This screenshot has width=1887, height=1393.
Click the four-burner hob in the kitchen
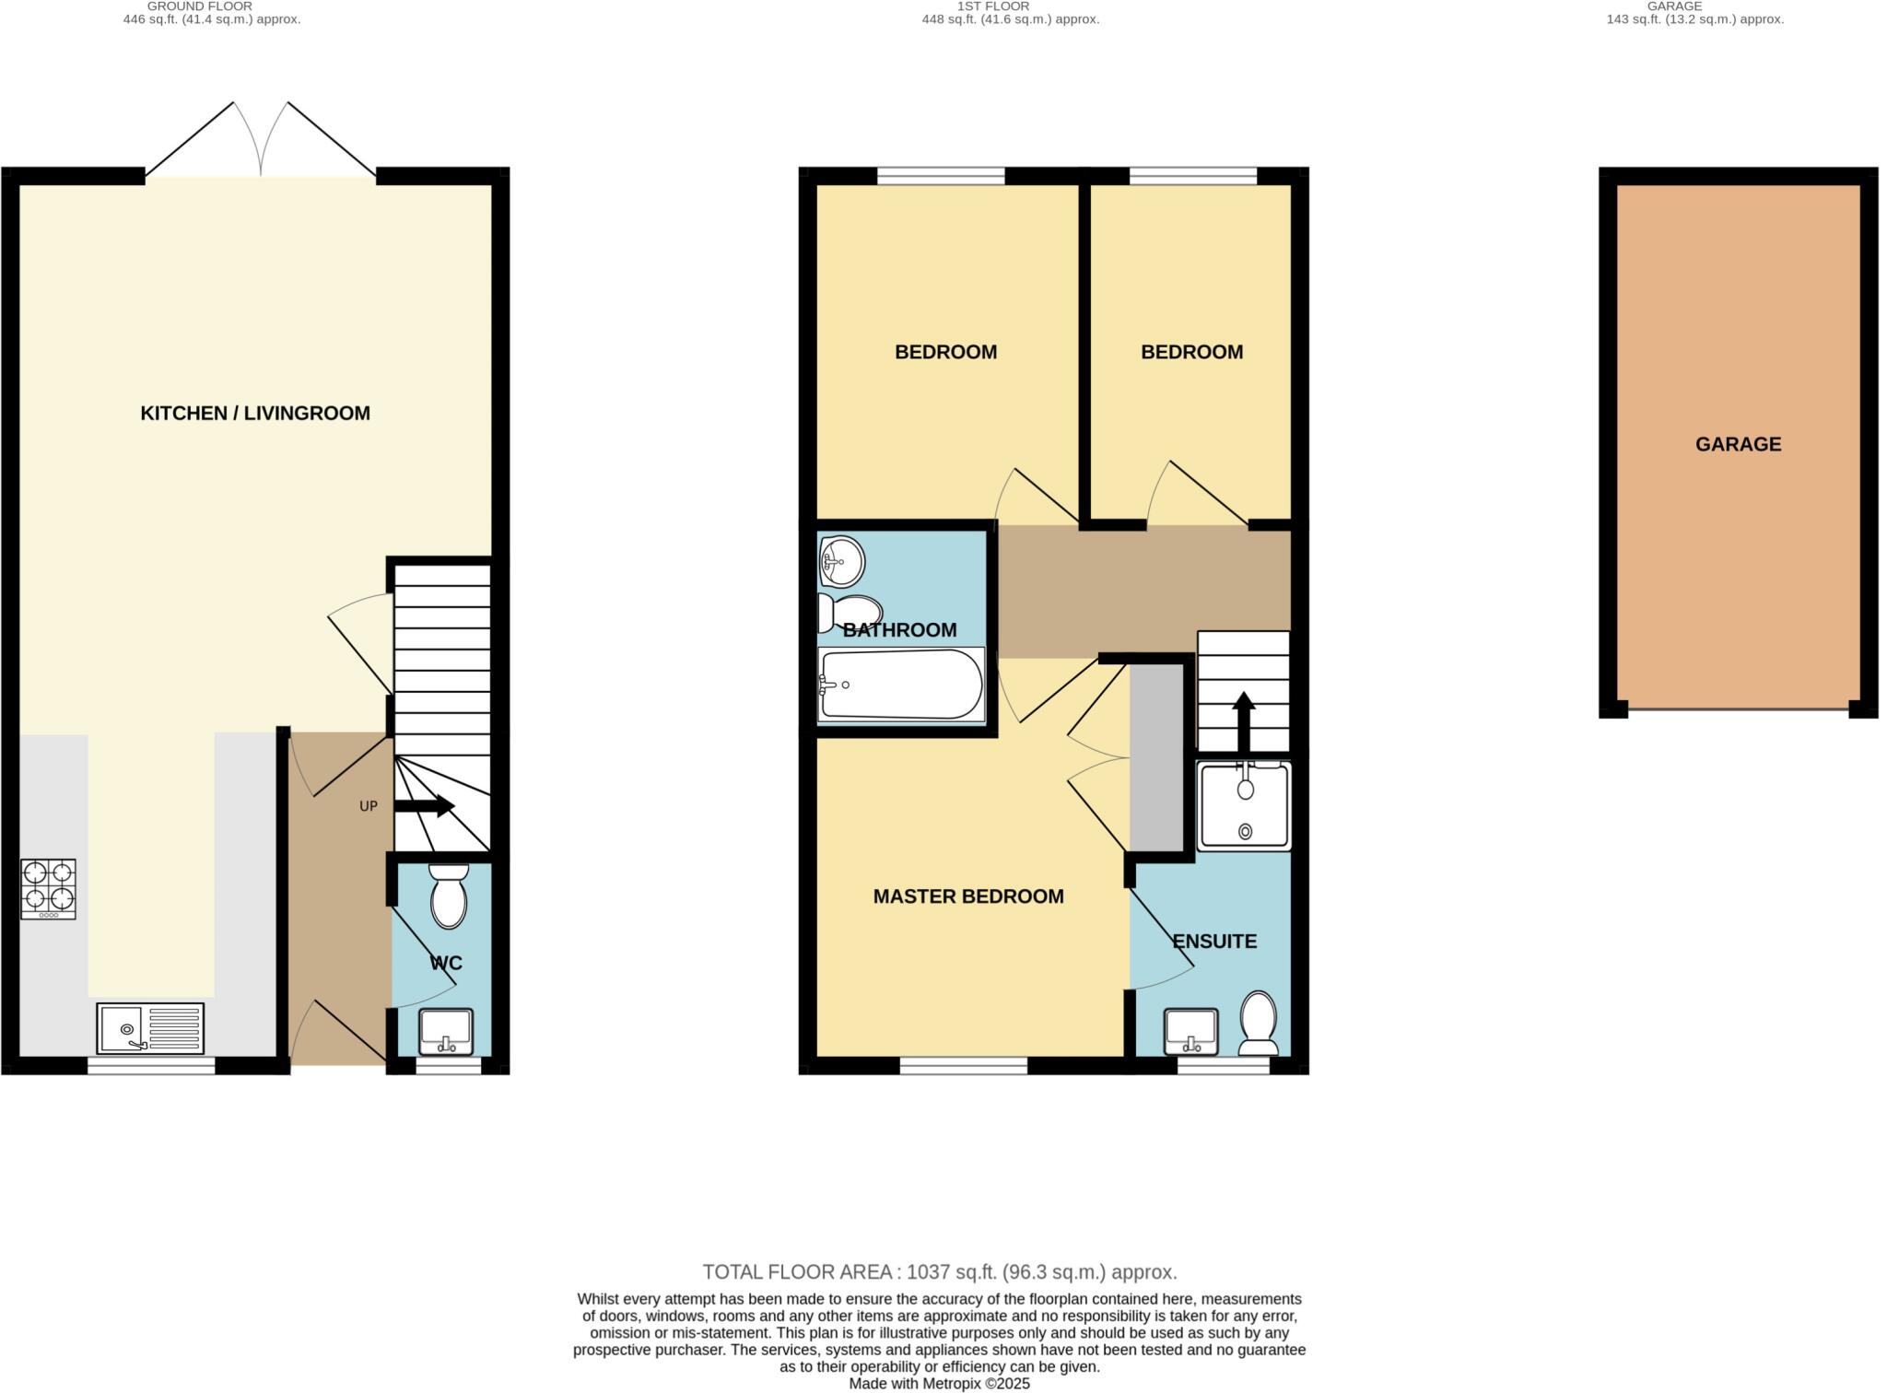[48, 889]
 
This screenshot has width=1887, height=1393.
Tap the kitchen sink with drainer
[150, 1027]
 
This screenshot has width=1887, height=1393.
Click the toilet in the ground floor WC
[449, 896]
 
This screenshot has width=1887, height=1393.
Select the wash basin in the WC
[446, 1032]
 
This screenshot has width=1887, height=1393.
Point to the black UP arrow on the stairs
[425, 806]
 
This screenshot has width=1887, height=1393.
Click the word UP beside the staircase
[368, 806]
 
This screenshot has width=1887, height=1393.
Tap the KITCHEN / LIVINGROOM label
[255, 414]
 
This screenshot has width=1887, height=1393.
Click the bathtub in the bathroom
[900, 685]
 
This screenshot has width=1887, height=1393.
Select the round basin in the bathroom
[841, 560]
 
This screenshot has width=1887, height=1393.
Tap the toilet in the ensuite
[1258, 1023]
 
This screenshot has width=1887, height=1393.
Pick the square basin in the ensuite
[1191, 1032]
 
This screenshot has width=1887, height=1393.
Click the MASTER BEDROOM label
[968, 896]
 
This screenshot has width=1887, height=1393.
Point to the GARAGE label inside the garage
[1738, 444]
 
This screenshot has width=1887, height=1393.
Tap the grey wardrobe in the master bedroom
[1156, 757]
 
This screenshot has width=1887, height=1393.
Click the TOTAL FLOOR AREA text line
[940, 1272]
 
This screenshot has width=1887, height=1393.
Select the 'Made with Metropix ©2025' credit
[940, 1384]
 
